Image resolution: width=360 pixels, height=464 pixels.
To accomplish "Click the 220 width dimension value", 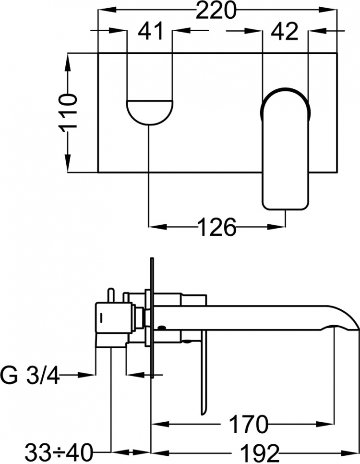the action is tap(217, 11).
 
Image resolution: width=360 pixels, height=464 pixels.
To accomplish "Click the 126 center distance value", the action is tap(217, 227).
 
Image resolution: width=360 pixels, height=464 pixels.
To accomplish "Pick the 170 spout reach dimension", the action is tap(248, 424).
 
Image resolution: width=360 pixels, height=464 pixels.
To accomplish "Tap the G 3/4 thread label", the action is tap(30, 375).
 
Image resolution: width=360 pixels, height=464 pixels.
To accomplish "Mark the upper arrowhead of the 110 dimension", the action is tap(68, 62).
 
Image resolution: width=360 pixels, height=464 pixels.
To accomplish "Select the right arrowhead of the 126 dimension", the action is tap(276, 227).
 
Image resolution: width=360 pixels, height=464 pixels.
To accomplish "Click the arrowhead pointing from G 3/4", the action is tap(87, 375).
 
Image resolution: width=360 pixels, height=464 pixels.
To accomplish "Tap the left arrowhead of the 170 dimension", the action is tap(161, 424).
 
